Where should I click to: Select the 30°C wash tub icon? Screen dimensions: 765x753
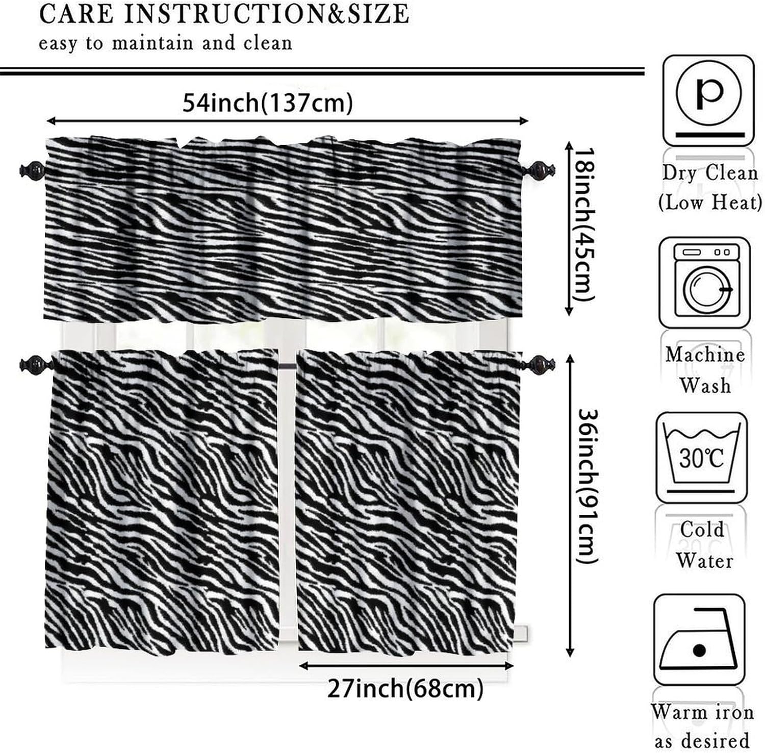click(x=702, y=456)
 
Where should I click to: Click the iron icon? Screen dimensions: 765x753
click(x=699, y=640)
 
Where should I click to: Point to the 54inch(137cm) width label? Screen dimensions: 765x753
click(x=268, y=104)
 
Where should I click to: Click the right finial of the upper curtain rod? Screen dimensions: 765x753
click(x=539, y=169)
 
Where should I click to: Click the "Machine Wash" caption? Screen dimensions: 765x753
click(x=705, y=369)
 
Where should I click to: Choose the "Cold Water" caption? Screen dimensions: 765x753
click(x=703, y=545)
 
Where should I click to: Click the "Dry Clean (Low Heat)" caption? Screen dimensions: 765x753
click(x=709, y=188)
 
